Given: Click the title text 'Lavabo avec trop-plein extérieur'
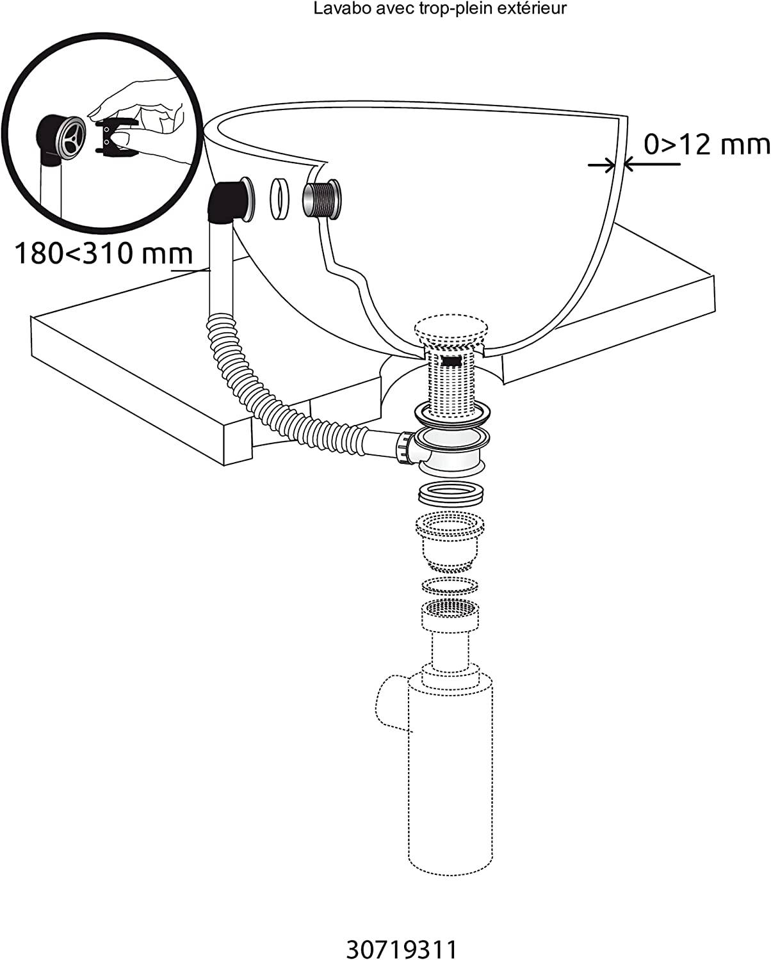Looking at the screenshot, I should coord(441,9).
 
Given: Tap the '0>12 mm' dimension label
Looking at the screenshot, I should coord(706,146).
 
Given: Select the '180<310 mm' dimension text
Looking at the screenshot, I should coord(102,253).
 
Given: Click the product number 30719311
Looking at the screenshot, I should coord(402,948).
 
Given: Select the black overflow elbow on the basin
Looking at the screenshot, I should coord(229,200).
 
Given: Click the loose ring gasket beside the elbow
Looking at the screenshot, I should coord(279,198).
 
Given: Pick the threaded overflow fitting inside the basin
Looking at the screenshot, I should coord(322,200).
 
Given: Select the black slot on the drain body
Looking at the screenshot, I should coord(452,361).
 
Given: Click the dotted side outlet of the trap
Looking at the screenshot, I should coord(389,703).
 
